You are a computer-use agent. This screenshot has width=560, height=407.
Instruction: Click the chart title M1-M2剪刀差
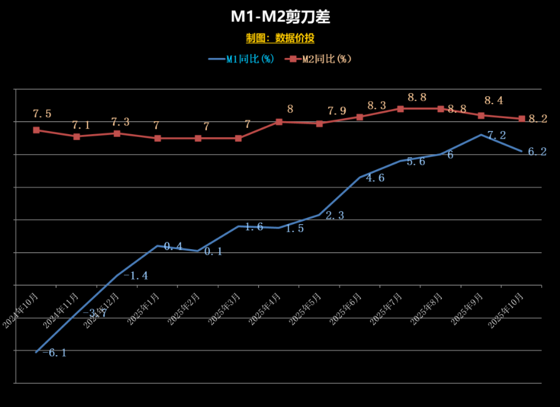coord(280,17)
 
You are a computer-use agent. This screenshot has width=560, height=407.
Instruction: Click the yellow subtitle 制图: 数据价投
coord(280,38)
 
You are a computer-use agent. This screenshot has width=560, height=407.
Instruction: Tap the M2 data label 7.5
coord(42,114)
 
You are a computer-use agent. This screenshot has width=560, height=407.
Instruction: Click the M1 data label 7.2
coord(496,135)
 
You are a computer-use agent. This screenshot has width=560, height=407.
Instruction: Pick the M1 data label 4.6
coord(375,178)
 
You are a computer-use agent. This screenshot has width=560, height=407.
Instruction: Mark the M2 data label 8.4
coord(494,100)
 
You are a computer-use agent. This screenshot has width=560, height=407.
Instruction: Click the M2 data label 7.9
coord(337,111)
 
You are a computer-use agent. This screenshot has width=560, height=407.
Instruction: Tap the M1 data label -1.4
coord(136,276)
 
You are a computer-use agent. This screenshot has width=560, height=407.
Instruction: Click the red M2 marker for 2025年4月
coord(279,122)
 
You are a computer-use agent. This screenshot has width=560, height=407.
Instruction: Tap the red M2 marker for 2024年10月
coord(36,130)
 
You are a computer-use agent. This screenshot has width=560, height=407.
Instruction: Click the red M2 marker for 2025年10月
coord(521,119)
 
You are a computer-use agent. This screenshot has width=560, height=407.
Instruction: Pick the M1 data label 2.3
coord(336,216)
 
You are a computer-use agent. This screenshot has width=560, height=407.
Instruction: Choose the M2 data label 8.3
coord(376,106)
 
